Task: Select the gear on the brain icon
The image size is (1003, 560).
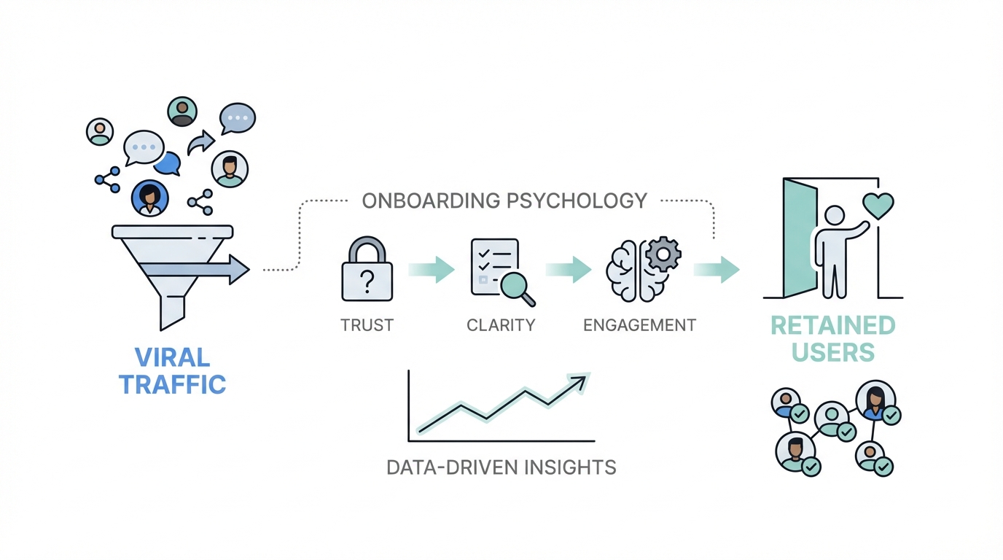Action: tap(663, 254)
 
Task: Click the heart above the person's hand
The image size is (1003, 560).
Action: tap(878, 205)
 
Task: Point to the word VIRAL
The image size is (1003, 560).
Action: tap(173, 357)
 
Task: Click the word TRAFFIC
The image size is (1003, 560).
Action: tap(173, 384)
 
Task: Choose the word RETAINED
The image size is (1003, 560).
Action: tap(833, 325)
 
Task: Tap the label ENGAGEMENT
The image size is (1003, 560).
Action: tap(639, 325)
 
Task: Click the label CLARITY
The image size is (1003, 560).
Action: tap(501, 325)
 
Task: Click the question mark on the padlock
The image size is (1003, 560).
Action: tap(367, 280)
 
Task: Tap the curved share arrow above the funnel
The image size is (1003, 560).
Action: tap(200, 143)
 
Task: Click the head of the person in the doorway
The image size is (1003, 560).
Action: tap(833, 217)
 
